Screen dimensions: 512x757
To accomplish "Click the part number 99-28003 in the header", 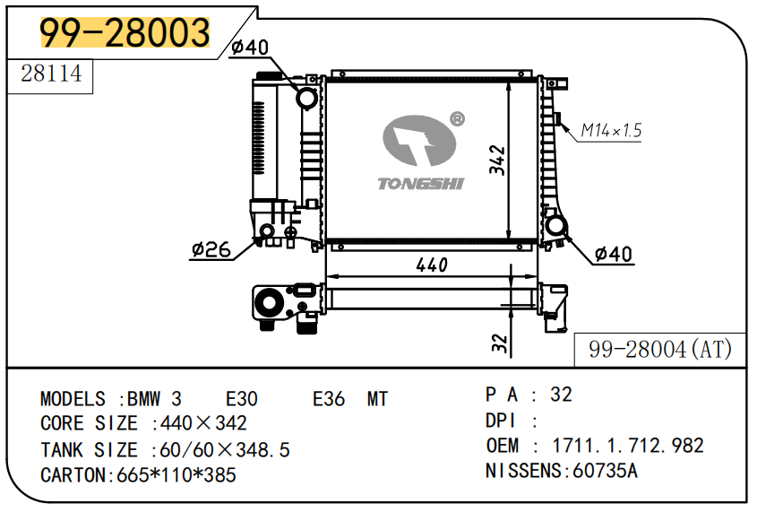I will point(125,33).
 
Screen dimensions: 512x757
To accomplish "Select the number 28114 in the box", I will point(51,74).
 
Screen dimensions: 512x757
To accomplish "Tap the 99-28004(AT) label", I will point(660,349).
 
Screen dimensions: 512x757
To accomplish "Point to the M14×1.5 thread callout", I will point(611,131).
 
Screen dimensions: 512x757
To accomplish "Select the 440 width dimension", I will point(431,265).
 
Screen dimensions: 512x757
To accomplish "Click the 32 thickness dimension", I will point(500,342).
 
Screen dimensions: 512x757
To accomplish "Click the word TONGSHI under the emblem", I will point(420,184).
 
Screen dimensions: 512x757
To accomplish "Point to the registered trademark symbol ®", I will point(457,118).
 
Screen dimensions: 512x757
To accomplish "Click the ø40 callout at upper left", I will point(249,48).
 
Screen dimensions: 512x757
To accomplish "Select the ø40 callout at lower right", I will point(614,255).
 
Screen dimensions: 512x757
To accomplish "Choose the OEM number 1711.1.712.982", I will point(628,446).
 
